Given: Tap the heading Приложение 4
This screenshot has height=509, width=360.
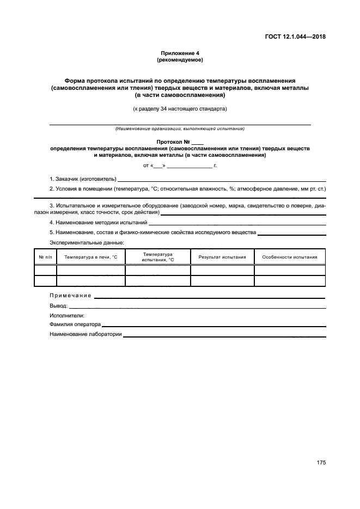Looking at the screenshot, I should [x=180, y=53].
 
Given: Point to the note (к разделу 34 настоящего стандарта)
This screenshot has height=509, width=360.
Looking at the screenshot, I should [x=180, y=109].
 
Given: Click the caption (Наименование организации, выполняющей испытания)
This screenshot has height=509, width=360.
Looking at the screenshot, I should [x=180, y=129].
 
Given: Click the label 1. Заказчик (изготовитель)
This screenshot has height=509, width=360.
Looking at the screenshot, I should [x=83, y=179].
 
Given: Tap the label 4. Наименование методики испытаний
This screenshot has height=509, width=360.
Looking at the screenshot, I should [x=99, y=223].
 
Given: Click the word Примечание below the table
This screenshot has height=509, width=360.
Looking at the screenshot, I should [x=70, y=296].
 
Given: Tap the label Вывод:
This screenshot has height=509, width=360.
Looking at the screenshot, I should [x=58, y=306].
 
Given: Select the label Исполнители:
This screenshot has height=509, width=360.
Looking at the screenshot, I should [x=67, y=315].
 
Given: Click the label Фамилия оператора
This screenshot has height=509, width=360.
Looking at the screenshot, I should [x=75, y=324].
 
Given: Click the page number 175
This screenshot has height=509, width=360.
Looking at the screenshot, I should [x=321, y=463].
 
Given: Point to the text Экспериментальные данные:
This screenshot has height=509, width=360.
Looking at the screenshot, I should [x=80, y=242].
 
